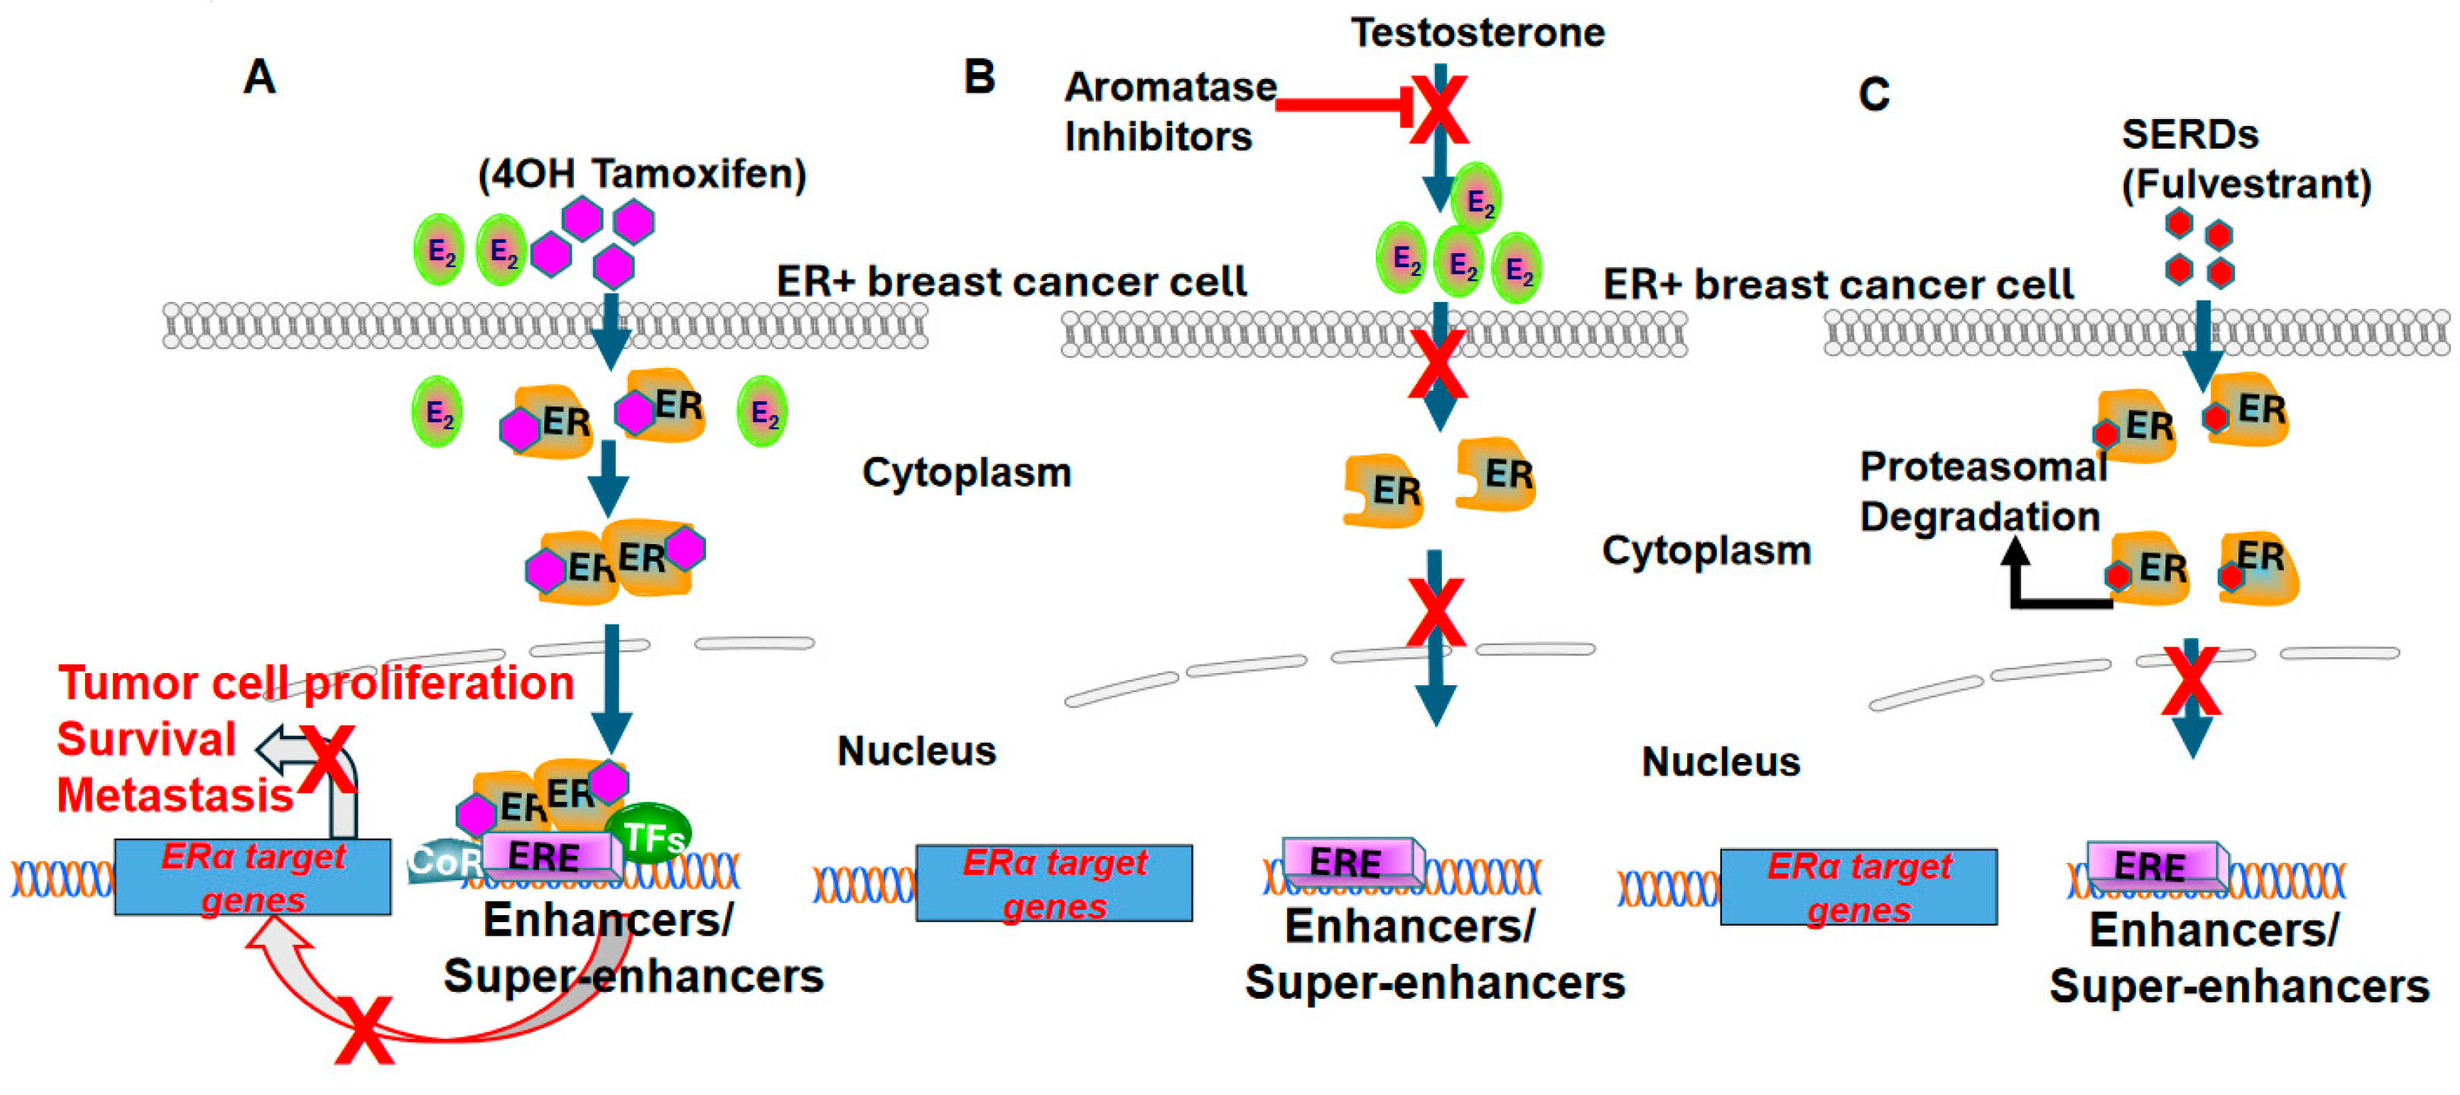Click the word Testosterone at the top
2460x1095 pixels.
[1477, 33]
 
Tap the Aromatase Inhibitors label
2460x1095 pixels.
[1169, 112]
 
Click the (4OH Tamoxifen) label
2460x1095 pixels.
[642, 175]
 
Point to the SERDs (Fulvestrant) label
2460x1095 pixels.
[2244, 159]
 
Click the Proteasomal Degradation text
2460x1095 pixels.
[1982, 492]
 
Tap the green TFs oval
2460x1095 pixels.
[649, 833]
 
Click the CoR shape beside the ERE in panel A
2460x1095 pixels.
[442, 862]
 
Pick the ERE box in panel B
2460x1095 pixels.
[1346, 862]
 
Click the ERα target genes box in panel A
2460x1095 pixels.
[252, 877]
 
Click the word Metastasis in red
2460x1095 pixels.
[175, 795]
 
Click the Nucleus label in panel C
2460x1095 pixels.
[1720, 762]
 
